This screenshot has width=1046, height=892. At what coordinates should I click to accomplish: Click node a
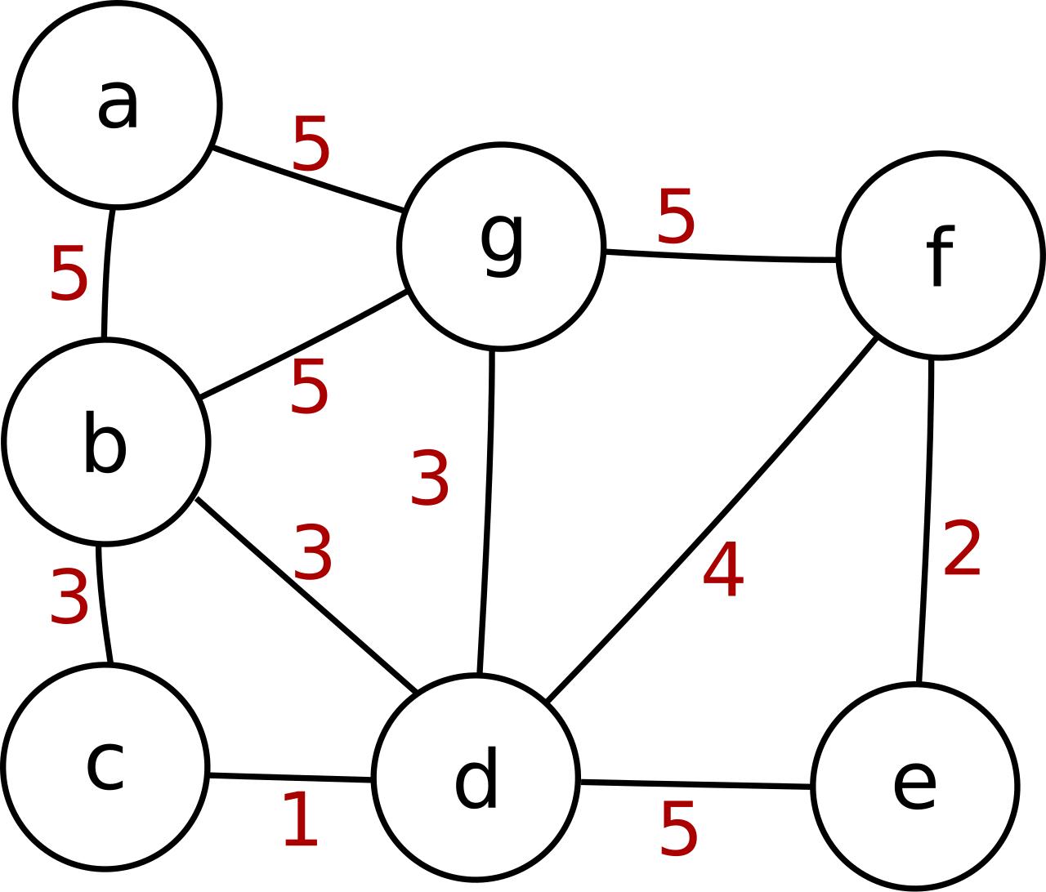[x=118, y=105]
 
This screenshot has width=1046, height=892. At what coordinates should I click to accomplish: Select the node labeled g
[x=502, y=247]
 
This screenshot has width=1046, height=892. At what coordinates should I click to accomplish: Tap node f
[x=941, y=256]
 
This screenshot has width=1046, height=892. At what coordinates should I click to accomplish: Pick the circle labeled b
[x=105, y=442]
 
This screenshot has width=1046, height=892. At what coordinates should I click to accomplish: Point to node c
[x=105, y=767]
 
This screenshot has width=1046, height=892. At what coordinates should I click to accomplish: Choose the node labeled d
[x=476, y=778]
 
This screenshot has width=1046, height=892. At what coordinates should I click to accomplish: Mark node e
[x=915, y=787]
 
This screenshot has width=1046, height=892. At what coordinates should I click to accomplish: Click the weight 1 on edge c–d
[x=301, y=819]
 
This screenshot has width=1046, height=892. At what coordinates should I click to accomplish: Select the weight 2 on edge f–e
[x=962, y=548]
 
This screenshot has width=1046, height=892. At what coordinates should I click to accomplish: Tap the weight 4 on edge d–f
[x=723, y=569]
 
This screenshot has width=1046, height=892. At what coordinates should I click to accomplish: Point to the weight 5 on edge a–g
[x=311, y=144]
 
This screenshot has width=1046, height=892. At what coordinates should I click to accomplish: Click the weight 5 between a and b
[x=69, y=273]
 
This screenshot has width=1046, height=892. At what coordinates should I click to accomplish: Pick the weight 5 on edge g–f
[x=676, y=216]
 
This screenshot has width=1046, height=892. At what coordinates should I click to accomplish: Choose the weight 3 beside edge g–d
[x=430, y=477]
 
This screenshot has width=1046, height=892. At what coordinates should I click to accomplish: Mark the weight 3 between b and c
[x=69, y=596]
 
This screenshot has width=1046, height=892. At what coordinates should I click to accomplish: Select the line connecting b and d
[x=306, y=595]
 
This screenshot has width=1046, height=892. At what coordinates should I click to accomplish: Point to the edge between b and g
[x=304, y=344]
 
